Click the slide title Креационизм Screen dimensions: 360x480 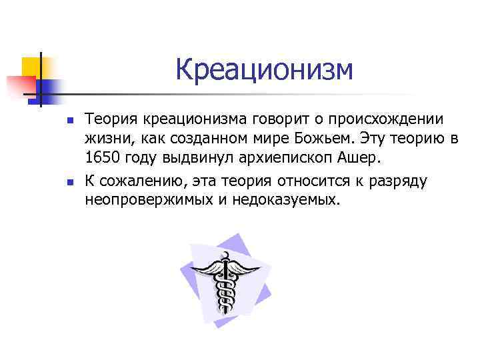tap(264, 70)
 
